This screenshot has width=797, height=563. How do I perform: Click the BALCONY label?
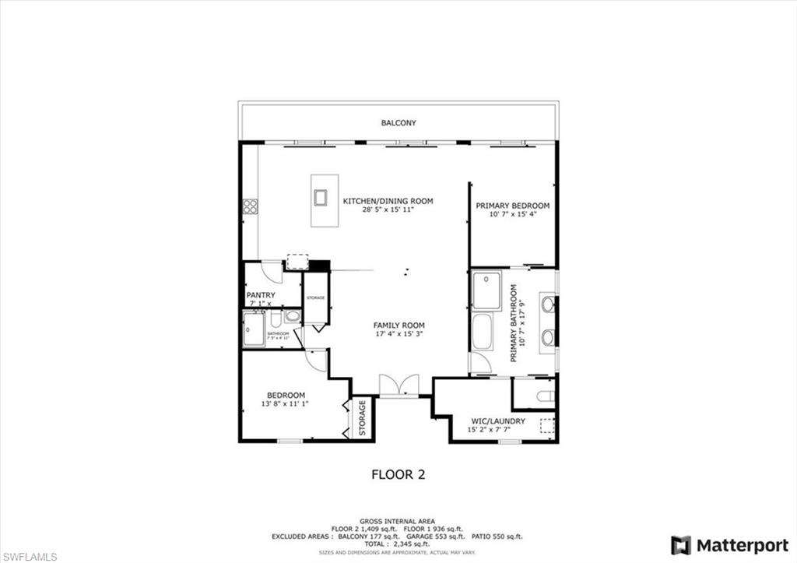click(398, 123)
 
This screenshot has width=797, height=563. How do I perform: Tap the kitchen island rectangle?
click(324, 200)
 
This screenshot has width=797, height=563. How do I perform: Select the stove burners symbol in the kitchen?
click(250, 206)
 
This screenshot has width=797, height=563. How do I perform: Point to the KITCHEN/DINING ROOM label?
click(388, 201)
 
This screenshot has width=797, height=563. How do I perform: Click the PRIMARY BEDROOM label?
click(513, 206)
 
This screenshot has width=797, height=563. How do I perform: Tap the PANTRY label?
click(260, 296)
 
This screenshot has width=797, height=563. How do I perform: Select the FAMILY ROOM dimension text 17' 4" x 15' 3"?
click(398, 336)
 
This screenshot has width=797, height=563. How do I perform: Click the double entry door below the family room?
click(398, 385)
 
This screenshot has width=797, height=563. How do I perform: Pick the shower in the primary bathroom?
click(486, 291)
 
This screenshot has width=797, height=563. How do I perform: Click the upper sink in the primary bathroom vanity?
click(547, 304)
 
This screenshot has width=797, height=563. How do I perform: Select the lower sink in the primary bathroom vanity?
click(547, 337)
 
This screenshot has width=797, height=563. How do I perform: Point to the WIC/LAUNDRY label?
click(496, 421)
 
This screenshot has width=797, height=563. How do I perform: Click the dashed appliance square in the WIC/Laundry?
click(547, 425)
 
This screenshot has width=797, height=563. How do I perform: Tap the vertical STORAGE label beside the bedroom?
click(362, 418)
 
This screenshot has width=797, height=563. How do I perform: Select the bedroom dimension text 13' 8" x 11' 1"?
click(286, 404)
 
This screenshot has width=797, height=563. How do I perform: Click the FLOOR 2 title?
click(398, 473)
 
